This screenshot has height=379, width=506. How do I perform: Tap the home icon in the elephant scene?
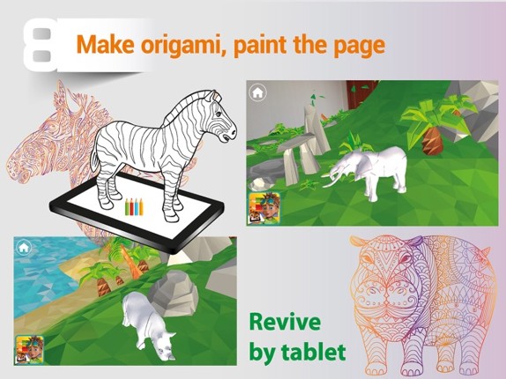257,92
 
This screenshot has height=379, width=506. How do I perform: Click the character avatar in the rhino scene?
29,348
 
